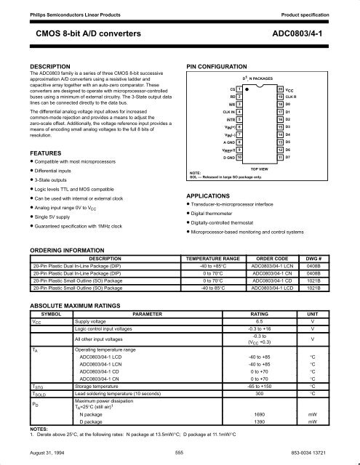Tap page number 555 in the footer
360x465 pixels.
coord(179,452)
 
